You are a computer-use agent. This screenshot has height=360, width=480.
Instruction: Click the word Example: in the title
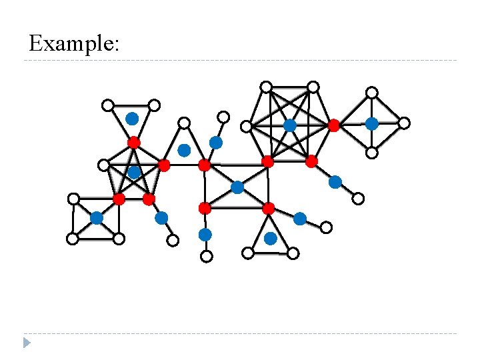[x=74, y=43]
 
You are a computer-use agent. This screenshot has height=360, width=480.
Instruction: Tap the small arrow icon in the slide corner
[x=27, y=343]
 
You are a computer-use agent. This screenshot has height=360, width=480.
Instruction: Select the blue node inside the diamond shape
[x=371, y=123]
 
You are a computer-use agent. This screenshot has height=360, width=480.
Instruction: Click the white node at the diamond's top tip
[x=372, y=93]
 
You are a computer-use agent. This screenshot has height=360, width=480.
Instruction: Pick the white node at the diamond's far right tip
[x=404, y=123]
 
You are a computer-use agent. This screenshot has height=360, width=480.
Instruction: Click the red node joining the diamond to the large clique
[x=334, y=125]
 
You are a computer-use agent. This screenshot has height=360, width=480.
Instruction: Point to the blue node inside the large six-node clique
[x=289, y=125]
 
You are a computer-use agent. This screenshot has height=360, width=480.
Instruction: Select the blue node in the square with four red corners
[x=237, y=187]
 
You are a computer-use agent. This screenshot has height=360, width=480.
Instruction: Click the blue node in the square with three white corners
[x=97, y=218]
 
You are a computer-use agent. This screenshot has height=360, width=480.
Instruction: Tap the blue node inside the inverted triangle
[x=132, y=119]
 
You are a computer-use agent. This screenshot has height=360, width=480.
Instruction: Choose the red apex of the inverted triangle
[x=133, y=142]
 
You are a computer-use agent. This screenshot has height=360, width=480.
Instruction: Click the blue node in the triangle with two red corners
[x=184, y=150]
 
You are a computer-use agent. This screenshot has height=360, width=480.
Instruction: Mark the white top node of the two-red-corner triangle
[x=184, y=123]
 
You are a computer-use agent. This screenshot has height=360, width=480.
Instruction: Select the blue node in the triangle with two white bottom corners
[x=270, y=238]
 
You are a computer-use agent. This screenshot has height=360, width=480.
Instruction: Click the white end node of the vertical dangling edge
[x=207, y=256]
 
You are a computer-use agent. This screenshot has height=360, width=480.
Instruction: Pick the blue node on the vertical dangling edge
[x=205, y=235]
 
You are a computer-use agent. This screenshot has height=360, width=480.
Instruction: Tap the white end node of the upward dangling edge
[x=224, y=117]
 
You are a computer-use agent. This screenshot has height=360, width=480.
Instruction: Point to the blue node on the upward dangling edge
[x=216, y=143]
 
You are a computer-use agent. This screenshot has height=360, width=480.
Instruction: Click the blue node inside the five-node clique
[x=134, y=173]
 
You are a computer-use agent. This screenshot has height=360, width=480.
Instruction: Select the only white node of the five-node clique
[x=103, y=165]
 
